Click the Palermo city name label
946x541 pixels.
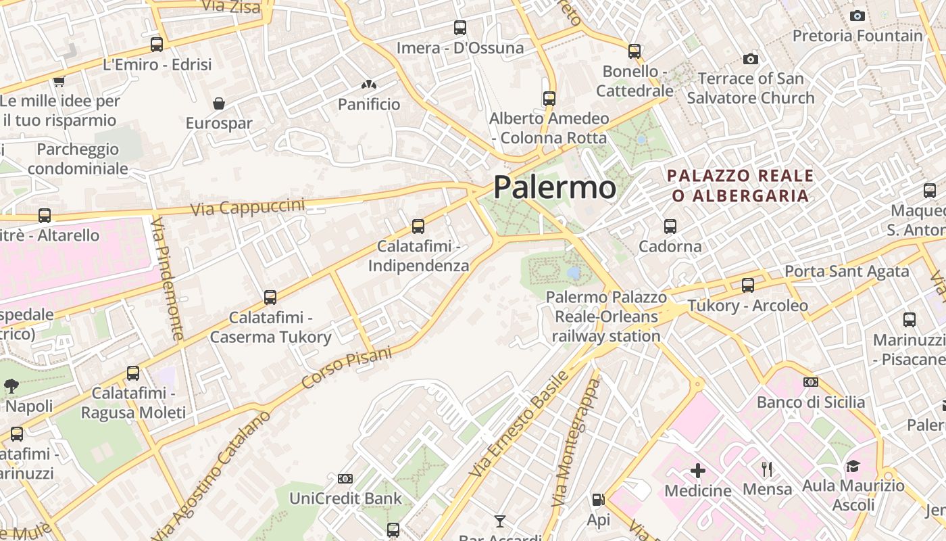click(555, 187)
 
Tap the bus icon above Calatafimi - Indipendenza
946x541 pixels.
click(418, 226)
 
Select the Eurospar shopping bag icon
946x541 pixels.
click(218, 103)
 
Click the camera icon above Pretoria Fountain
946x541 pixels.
click(857, 16)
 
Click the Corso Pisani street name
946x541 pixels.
click(347, 369)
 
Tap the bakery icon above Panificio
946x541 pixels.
click(368, 85)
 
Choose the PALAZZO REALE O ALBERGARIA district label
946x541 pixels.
click(740, 186)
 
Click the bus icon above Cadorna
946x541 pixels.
click(670, 226)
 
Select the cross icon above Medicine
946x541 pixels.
click(698, 470)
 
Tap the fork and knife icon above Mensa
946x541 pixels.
click(767, 469)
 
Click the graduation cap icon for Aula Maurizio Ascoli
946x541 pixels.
click(853, 466)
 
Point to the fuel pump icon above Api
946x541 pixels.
click(598, 500)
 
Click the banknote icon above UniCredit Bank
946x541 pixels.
click(345, 479)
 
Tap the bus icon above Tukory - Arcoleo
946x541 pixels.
click(747, 285)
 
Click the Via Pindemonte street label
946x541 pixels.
click(169, 279)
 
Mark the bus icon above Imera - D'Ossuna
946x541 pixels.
click(460, 28)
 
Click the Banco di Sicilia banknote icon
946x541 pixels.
click(811, 382)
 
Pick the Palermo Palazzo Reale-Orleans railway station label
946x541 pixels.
click(606, 316)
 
